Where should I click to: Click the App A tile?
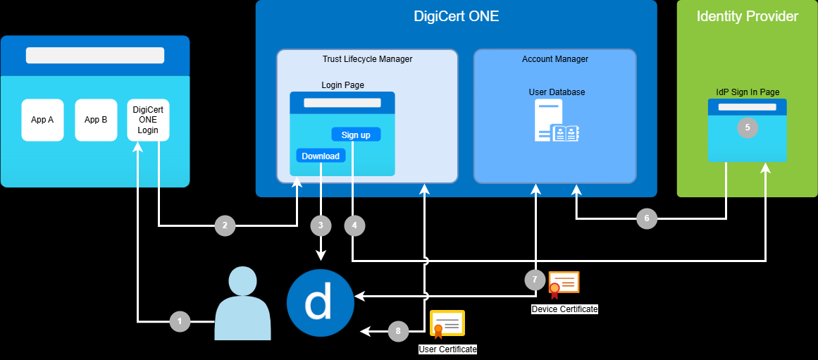pos(42,120)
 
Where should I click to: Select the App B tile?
pos(96,120)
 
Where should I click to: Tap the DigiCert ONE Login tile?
pos(148,120)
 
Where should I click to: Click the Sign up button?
pos(356,135)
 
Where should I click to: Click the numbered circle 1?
pos(180,322)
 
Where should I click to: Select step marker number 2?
pos(225,226)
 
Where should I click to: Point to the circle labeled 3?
pos(321,225)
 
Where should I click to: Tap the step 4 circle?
pos(354,225)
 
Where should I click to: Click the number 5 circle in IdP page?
pos(747,128)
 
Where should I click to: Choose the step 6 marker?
pos(647,219)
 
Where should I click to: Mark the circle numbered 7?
pos(535,280)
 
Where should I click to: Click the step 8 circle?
pos(398,330)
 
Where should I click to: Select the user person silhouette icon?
pos(242,304)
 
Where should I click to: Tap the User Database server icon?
pos(555,121)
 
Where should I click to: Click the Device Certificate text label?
pos(564,309)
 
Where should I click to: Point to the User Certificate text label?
pos(447,349)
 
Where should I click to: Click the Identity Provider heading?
pos(747,16)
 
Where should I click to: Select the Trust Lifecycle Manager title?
pos(367,59)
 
